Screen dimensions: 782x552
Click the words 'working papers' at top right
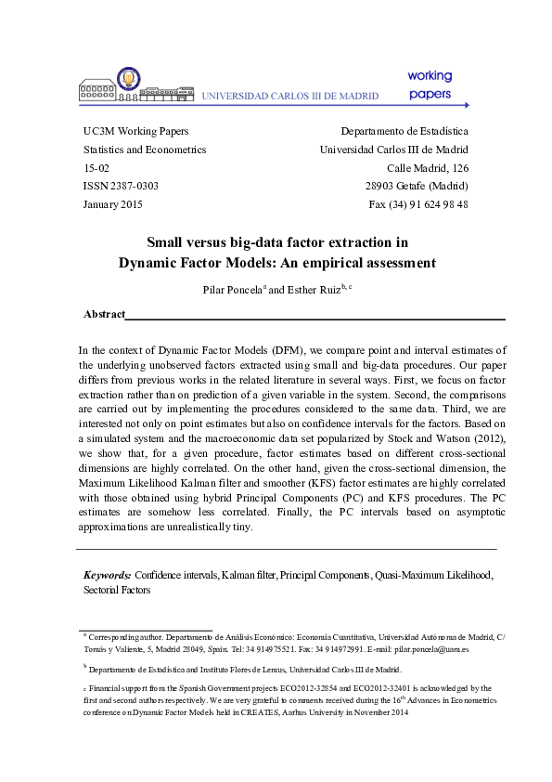point(429,85)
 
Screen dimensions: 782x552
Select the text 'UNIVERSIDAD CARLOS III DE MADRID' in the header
point(290,96)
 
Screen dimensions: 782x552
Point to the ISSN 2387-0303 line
point(121,186)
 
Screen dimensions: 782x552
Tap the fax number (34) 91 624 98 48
point(418,204)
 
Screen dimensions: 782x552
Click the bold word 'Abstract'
point(104,315)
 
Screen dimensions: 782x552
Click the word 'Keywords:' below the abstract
point(107,576)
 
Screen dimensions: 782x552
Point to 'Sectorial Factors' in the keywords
point(116,590)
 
